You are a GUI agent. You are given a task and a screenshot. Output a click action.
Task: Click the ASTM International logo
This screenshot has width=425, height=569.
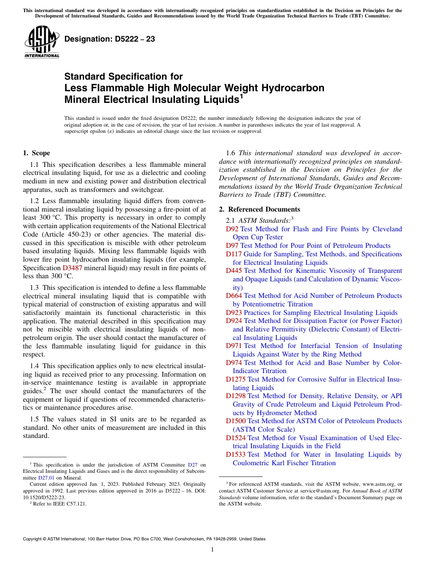coord(42,42)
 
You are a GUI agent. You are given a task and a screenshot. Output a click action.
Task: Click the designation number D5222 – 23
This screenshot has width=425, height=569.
coord(110,39)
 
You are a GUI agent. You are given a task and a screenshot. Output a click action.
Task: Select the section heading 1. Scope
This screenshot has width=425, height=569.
coord(37,153)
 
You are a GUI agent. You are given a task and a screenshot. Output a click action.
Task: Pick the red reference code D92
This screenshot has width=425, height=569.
coord(232,229)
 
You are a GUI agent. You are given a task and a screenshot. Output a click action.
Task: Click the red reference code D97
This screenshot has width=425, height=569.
coord(232,246)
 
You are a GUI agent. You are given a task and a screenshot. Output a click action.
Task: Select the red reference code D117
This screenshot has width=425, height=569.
coord(234,254)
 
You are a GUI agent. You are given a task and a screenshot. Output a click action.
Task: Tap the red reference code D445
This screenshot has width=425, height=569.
coord(234,271)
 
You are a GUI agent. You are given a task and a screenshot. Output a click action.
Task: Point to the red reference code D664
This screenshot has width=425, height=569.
coord(234,296)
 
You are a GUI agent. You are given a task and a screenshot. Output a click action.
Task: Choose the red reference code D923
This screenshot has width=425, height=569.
coord(234,313)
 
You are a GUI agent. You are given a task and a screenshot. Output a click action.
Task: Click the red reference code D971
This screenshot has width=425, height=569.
coord(234,346)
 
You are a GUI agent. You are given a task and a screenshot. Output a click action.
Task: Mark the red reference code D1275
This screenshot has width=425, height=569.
coord(235,379)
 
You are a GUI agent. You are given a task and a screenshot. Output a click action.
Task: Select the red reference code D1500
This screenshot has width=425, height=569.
coord(235,421)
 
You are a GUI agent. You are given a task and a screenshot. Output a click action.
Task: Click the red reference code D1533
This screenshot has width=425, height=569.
coord(235,454)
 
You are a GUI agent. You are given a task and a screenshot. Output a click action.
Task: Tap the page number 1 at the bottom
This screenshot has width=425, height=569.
coord(212,549)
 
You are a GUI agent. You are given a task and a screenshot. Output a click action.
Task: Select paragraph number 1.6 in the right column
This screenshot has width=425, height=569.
coord(230,153)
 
